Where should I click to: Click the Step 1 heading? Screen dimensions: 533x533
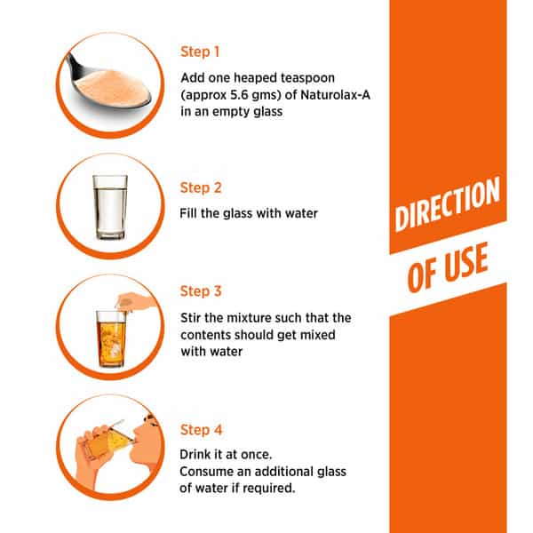click(200, 52)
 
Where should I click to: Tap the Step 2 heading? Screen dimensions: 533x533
click(201, 187)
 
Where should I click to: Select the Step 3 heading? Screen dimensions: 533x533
click(201, 291)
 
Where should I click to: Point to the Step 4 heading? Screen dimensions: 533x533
click(201, 430)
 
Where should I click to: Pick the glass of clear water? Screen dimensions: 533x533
click(110, 207)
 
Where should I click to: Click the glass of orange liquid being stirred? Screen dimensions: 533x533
click(111, 338)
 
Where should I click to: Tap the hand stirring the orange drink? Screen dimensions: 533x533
click(136, 301)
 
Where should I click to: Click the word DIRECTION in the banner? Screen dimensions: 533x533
click(448, 203)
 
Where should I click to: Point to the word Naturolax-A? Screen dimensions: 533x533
click(335, 95)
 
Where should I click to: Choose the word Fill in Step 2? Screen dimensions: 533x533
click(188, 213)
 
